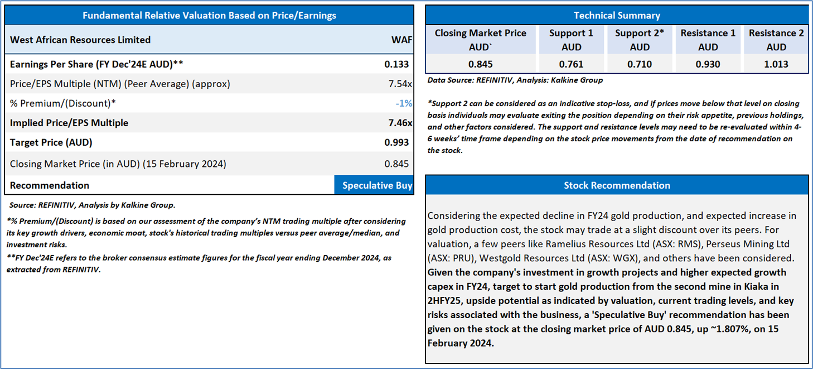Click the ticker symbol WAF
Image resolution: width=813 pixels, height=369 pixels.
tap(401, 40)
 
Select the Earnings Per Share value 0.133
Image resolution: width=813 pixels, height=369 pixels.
tap(396, 64)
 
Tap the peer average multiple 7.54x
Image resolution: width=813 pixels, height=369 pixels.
tap(400, 84)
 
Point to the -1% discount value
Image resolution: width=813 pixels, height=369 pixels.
tap(404, 103)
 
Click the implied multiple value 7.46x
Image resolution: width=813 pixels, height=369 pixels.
tap(400, 123)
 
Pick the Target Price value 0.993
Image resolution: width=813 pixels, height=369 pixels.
tap(396, 142)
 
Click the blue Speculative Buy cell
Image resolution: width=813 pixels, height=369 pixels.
tap(374, 185)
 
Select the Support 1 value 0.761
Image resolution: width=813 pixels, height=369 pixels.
tap(571, 64)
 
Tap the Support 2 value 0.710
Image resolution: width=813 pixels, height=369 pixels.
tap(640, 64)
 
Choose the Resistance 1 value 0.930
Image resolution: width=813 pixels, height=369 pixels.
tap(708, 64)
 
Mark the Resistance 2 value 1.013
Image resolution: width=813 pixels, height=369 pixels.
tap(776, 64)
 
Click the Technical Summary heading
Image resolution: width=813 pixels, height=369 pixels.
tap(617, 15)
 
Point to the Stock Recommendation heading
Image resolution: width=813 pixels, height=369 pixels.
tap(617, 185)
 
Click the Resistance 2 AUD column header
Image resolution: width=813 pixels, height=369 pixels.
tap(776, 40)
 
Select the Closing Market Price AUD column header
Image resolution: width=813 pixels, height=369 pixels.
tap(480, 40)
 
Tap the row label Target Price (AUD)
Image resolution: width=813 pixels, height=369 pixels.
tap(51, 142)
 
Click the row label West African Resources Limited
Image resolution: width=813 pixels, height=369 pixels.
tap(80, 40)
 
